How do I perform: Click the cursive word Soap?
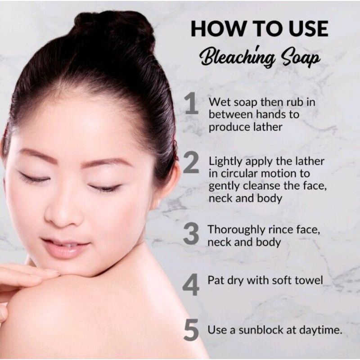[x=301, y=58]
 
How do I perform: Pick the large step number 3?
[x=191, y=233]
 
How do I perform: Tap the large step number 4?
[x=191, y=284]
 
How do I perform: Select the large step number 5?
[x=191, y=329]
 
